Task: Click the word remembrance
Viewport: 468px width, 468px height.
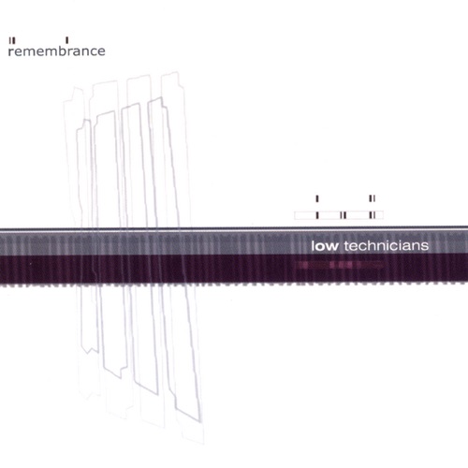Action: point(56,51)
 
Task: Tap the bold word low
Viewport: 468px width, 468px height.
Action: point(325,246)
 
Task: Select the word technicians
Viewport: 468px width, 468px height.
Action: point(387,246)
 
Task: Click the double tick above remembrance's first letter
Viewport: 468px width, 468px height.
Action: point(12,40)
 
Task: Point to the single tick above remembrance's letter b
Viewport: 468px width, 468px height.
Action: point(67,40)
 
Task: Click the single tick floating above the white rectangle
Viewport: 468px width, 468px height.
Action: point(317,198)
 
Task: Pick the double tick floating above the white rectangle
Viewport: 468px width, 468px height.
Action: point(372,198)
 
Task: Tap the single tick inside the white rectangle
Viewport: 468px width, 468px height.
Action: point(317,215)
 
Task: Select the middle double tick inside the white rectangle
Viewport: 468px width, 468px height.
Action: point(344,215)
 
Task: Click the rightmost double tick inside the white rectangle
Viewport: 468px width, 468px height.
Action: point(372,215)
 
